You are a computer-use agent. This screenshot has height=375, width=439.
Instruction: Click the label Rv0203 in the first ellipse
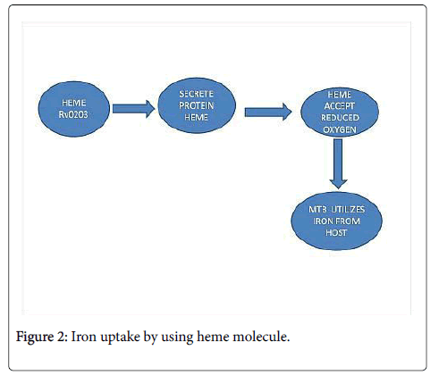pos(73,114)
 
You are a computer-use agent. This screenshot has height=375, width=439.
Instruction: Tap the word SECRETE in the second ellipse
pos(196,94)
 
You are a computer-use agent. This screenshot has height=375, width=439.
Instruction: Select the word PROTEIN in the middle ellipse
pos(196,105)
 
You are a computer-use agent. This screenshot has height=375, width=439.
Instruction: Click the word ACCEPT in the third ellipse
pos(340,106)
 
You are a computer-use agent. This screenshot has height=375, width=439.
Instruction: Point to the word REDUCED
pos(340,118)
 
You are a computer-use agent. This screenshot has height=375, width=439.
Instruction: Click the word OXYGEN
pos(340,129)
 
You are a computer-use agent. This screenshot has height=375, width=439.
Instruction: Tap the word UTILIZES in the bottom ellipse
pos(348,210)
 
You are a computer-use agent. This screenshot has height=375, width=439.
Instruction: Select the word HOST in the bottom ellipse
pos(336,232)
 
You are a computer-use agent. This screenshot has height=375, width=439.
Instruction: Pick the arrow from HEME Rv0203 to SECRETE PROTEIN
pos(133,109)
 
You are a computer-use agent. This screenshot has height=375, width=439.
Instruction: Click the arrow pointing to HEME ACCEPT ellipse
pos(268,112)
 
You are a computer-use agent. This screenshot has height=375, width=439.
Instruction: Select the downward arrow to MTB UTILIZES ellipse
pos(338,163)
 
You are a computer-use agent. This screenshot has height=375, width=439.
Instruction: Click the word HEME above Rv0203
pos(74,103)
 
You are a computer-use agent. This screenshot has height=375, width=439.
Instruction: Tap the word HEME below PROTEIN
pos(196,117)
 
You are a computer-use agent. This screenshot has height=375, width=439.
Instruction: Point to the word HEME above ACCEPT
pos(340,95)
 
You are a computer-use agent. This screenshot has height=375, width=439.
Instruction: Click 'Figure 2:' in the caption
pos(42,337)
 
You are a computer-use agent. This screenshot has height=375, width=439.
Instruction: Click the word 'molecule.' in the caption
pos(261,337)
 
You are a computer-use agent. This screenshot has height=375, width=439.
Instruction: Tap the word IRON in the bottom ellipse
pos(323,221)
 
